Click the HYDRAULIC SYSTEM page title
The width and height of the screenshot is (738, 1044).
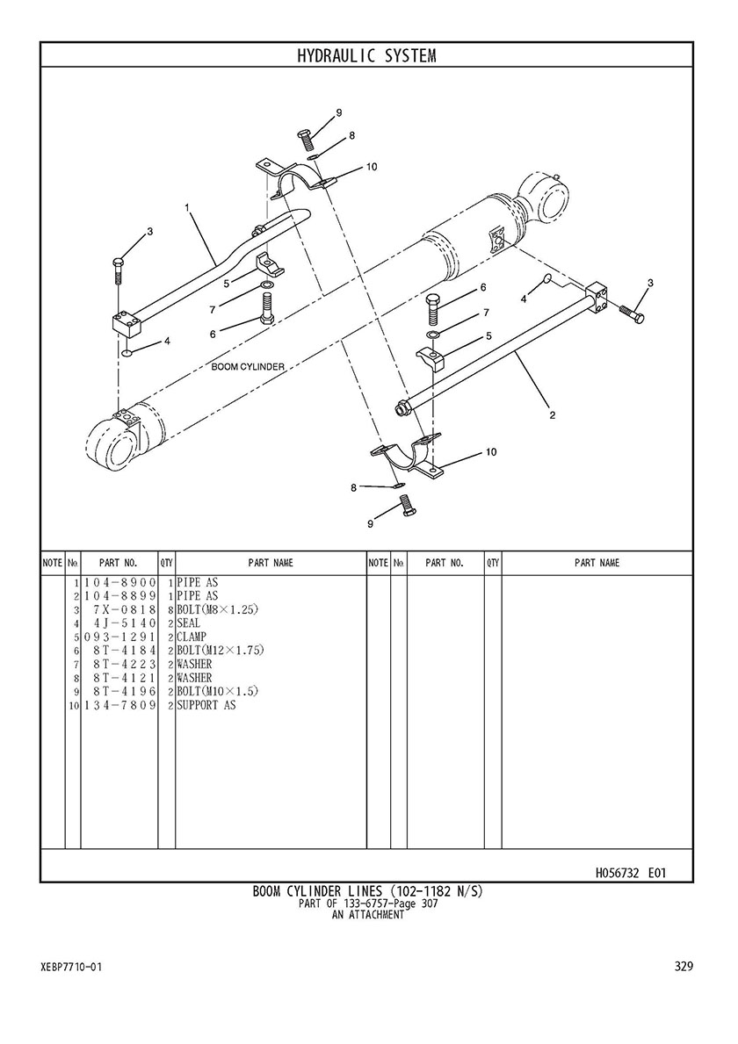point(366,56)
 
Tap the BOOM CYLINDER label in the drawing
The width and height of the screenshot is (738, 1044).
point(249,366)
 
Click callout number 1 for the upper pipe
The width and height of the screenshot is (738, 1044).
point(188,207)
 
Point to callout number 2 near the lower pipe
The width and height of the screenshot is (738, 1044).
point(552,416)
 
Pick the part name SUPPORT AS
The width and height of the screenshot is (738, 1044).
point(206,705)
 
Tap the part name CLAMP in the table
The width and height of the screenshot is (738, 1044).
point(192,637)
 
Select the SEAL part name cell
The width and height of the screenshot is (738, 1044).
point(188,623)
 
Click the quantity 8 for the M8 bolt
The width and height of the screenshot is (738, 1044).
point(170,610)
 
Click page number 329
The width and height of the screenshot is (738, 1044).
point(684,967)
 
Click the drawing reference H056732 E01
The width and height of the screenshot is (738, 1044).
point(630,873)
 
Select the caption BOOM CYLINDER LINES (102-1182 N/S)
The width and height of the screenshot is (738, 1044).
point(367,891)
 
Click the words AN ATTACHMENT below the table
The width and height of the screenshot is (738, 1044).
point(367,915)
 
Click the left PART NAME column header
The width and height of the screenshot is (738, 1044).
point(271,564)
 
